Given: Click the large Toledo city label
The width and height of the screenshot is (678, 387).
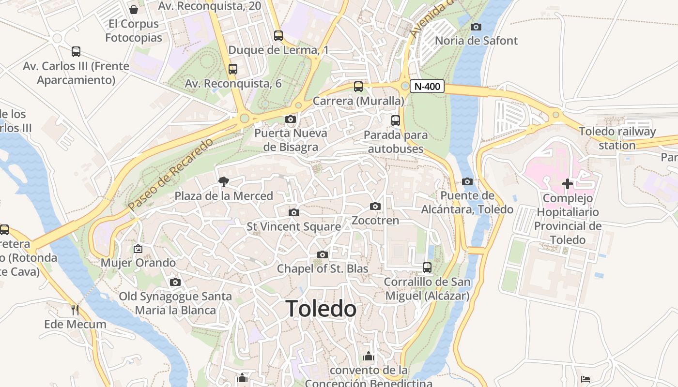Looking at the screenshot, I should (x=321, y=309).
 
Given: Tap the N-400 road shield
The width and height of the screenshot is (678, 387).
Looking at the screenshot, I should (x=427, y=87).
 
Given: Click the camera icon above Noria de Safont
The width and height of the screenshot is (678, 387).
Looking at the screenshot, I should (x=476, y=27).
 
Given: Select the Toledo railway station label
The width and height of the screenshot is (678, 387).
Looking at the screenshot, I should (x=617, y=138).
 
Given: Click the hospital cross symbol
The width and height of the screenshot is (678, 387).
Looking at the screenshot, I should (x=568, y=184).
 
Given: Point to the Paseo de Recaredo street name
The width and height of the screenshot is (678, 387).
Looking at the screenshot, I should (x=170, y=175).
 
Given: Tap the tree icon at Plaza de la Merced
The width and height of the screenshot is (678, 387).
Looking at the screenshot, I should (x=224, y=182).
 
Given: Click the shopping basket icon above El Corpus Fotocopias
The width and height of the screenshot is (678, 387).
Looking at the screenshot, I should (x=134, y=10).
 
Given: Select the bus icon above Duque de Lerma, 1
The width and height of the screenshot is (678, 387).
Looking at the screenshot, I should (x=278, y=35).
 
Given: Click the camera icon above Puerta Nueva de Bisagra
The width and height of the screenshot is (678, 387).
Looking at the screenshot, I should (x=291, y=119).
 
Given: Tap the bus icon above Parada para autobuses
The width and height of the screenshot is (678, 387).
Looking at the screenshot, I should (x=396, y=120).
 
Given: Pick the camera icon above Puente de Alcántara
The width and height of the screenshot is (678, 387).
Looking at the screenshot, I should (x=467, y=181).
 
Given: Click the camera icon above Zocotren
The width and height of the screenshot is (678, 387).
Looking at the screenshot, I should (x=375, y=207).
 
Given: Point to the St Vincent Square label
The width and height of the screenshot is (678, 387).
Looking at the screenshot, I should (x=293, y=226).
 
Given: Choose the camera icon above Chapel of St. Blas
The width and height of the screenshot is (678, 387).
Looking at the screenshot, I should (x=323, y=254).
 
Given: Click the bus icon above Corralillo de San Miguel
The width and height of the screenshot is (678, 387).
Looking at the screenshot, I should (x=427, y=267).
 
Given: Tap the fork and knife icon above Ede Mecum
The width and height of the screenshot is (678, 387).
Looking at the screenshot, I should (x=75, y=310).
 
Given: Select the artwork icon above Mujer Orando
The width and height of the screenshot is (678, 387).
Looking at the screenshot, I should (x=138, y=249).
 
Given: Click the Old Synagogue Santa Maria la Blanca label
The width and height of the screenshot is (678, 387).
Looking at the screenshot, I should (x=175, y=303).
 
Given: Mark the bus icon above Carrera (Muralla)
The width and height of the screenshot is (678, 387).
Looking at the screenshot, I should (x=358, y=87).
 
